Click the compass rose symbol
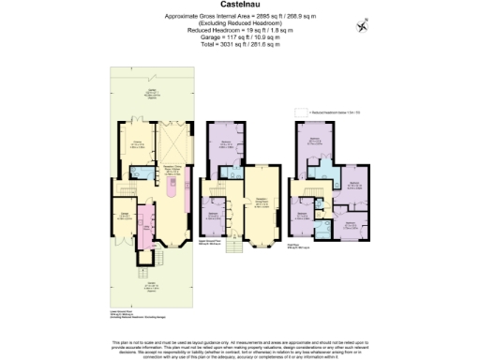364,25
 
